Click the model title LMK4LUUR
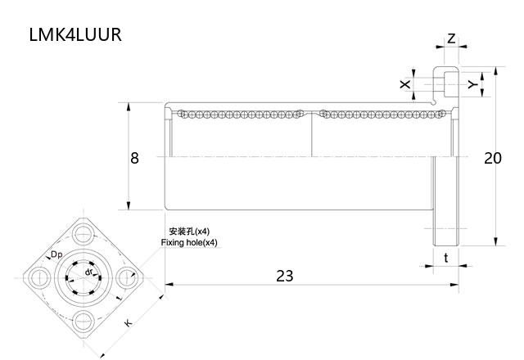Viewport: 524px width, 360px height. pos(75,37)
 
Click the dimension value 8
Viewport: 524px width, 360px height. pos(134,158)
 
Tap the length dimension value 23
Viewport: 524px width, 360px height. pos(284,276)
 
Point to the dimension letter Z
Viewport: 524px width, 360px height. pos(451,38)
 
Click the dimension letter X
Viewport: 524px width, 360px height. pos(404,84)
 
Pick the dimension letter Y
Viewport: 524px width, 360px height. pos(472,84)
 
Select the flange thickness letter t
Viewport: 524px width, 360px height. pos(445,258)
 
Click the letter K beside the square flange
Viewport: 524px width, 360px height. pos(129,324)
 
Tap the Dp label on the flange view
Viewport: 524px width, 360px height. pos(56,255)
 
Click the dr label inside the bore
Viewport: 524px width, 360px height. pos(88,272)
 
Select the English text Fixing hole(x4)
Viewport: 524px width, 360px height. pos(189,243)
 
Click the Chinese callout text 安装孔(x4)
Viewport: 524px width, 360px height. pos(188,232)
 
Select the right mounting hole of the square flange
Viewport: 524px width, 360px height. pos(127,277)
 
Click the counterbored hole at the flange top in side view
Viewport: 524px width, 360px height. pos(445,83)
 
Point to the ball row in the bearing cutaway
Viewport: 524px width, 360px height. pos(246,114)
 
